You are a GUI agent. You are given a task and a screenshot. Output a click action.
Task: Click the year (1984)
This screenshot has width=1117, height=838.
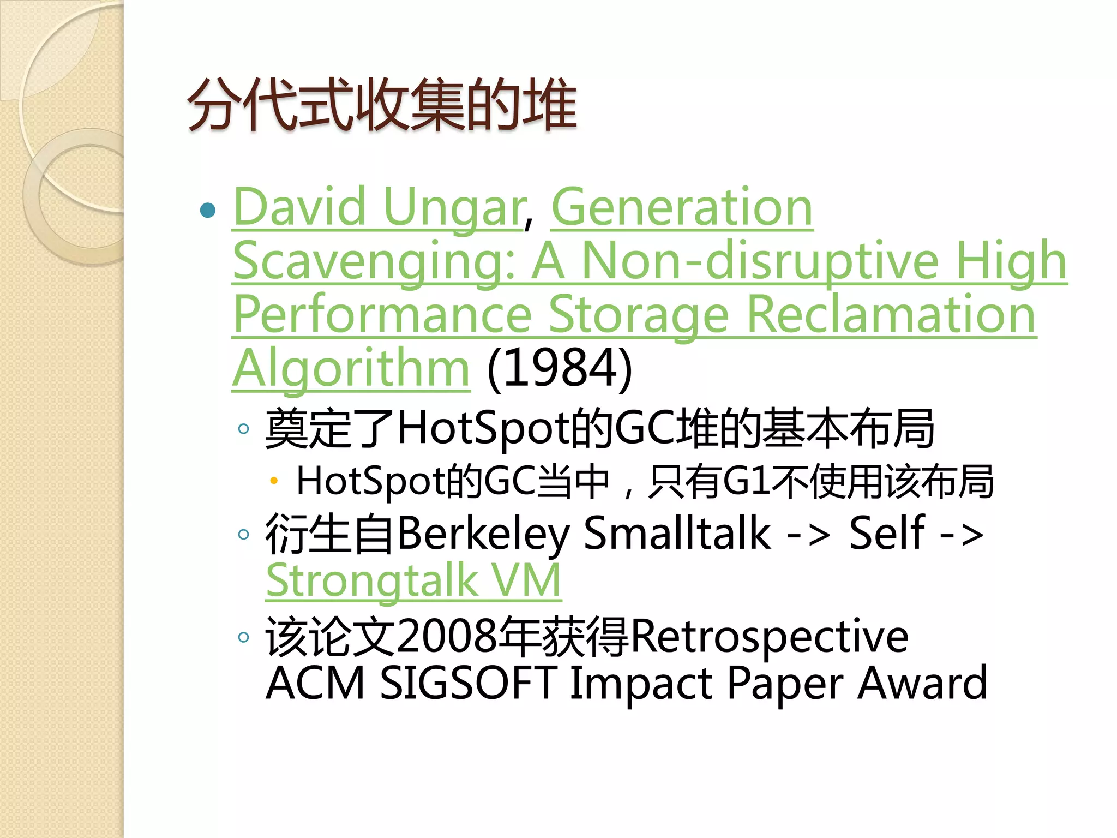point(560,369)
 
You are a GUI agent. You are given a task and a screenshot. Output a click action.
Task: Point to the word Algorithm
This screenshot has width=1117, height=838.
point(351,369)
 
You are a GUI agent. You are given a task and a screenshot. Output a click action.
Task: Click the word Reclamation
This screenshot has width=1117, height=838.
point(891,315)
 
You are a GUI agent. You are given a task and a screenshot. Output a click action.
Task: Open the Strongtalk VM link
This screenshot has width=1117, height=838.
point(413,580)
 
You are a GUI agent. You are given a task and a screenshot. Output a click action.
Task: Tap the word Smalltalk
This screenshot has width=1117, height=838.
point(677,534)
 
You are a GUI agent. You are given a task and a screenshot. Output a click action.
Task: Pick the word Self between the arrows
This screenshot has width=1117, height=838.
point(887,534)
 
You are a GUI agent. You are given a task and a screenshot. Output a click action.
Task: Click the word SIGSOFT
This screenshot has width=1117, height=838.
point(468,683)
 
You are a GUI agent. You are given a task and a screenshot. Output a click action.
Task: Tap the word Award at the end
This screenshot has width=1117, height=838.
point(922,683)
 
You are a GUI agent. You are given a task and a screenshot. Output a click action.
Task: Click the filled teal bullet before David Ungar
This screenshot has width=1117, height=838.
point(208,210)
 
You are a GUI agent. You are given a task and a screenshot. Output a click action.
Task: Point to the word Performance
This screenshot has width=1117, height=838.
point(382,315)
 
